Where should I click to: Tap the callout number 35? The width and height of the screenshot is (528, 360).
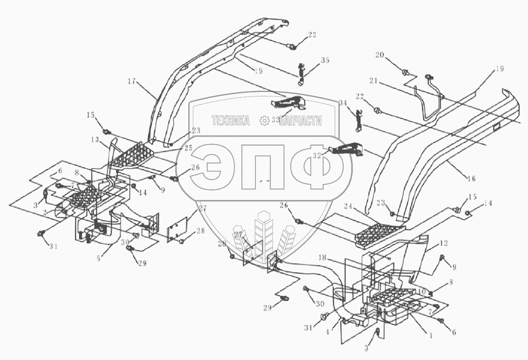pyautogui.click(x=325, y=60)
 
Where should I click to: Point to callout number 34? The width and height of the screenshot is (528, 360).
pyautogui.click(x=343, y=103)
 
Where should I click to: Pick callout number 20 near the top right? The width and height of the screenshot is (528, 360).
pyautogui.click(x=379, y=55)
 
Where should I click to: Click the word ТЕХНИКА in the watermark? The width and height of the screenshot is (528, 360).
pyautogui.click(x=230, y=121)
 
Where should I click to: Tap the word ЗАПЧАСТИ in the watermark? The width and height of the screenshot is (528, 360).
pyautogui.click(x=301, y=121)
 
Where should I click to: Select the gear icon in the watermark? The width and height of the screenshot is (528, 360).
pyautogui.click(x=264, y=121)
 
